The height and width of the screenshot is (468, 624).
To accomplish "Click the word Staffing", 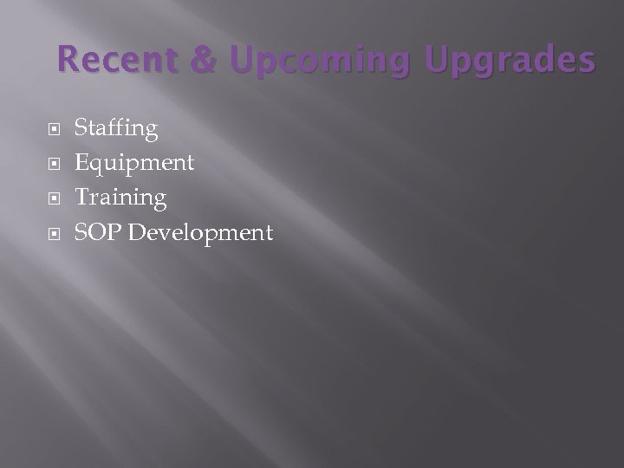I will pos(116,130).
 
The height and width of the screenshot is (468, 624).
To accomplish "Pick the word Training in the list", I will pos(120,198).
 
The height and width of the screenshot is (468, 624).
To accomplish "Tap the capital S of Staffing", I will pos(81,129).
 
